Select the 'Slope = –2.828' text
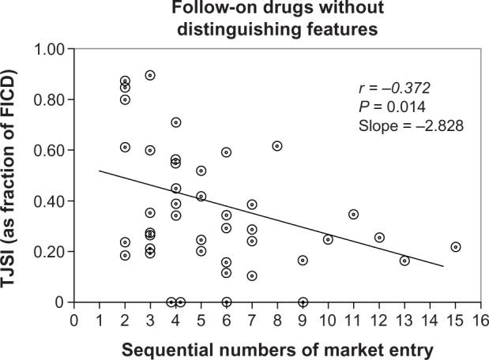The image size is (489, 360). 406,125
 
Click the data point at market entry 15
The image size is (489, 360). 455,247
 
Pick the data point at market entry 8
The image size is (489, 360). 277,146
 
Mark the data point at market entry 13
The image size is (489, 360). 404,261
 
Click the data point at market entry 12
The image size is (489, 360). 379,238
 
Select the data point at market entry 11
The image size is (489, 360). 354,214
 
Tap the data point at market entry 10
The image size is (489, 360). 328,239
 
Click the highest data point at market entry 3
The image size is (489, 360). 150,75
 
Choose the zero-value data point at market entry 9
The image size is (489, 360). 303,302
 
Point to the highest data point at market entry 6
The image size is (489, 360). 227,152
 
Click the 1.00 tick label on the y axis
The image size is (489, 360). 51,50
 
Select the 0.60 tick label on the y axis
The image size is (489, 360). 51,151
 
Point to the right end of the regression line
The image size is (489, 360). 443,266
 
